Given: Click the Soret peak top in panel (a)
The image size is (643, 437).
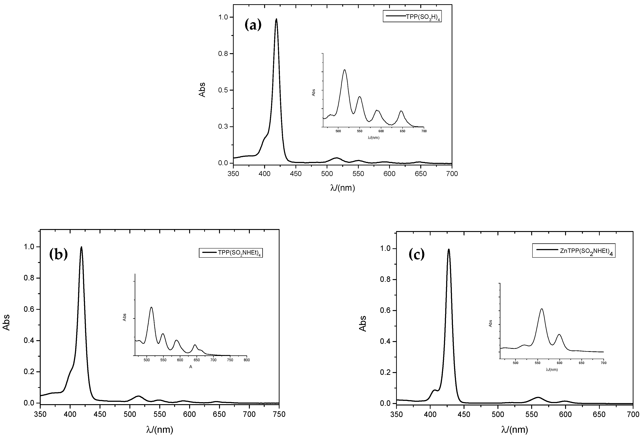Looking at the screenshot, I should coord(276,19).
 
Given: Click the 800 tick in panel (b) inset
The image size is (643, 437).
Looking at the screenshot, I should coord(247,360).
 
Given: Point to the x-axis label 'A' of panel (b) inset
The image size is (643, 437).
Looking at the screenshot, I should coord(191,367).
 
